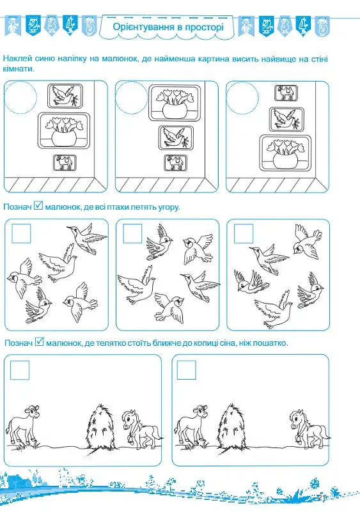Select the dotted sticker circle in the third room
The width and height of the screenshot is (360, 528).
pyautogui.click(x=242, y=98)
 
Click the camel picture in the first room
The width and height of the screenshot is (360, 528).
pyautogui.click(x=65, y=162)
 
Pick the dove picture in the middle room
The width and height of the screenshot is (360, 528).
pyautogui.click(x=176, y=138)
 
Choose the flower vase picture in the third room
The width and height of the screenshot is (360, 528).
pyautogui.click(x=286, y=153)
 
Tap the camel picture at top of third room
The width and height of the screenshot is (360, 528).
pyautogui.click(x=286, y=93)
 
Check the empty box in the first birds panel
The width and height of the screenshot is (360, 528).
pyautogui.click(x=21, y=233)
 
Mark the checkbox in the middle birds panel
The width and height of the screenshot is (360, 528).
pyautogui.click(x=132, y=233)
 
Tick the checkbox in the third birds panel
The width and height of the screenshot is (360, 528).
pyautogui.click(x=244, y=233)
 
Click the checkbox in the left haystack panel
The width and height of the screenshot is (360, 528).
pyautogui.click(x=20, y=370)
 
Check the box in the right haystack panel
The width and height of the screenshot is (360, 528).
pyautogui.click(x=186, y=370)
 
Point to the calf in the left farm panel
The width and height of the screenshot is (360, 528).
pyautogui.click(x=23, y=426)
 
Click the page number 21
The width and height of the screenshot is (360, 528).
pyautogui.click(x=321, y=498)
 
